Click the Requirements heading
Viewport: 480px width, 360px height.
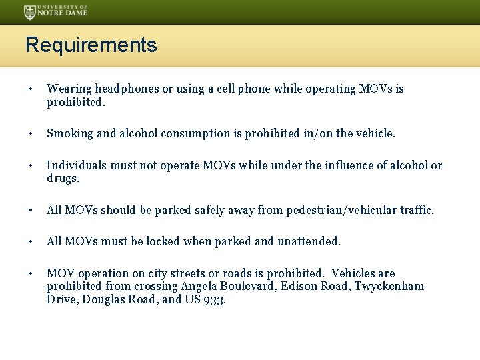pyautogui.click(x=91, y=45)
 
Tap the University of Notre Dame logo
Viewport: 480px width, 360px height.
pyautogui.click(x=55, y=11)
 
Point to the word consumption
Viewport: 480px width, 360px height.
pyautogui.click(x=197, y=133)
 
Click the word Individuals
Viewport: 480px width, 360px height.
pyautogui.click(x=75, y=165)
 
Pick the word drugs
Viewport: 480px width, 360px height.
pyautogui.click(x=63, y=178)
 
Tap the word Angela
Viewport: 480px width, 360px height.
pyautogui.click(x=198, y=286)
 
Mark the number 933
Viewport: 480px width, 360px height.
pyautogui.click(x=215, y=299)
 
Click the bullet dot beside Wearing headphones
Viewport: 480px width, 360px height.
pyautogui.click(x=31, y=89)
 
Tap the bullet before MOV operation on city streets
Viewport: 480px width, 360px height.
pyautogui.click(x=31, y=273)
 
